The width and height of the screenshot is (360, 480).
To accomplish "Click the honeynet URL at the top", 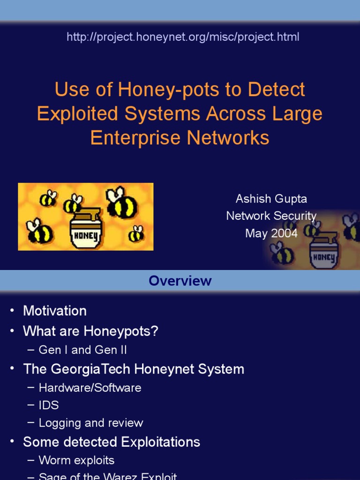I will [x=183, y=37].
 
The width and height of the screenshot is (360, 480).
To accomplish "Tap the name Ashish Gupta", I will [x=271, y=199].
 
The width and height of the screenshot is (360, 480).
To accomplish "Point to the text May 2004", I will [x=271, y=233].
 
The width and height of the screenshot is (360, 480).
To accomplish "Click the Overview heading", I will [x=180, y=281].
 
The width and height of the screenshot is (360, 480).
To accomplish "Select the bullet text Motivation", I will [x=55, y=311].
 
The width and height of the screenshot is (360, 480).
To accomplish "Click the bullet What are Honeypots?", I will [x=90, y=331].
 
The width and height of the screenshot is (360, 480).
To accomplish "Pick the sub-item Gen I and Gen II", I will [x=82, y=350].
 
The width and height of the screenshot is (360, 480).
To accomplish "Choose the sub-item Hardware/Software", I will [x=90, y=388].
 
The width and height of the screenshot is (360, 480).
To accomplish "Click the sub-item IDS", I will [x=49, y=405].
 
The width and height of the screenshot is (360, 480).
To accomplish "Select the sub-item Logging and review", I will [x=91, y=423].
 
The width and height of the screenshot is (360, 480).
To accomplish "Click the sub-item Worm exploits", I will [x=76, y=460].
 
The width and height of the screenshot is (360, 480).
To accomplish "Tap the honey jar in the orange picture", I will [x=85, y=228].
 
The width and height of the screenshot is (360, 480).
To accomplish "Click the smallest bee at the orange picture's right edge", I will [x=136, y=233].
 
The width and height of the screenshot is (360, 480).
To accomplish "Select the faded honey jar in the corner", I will [x=323, y=254].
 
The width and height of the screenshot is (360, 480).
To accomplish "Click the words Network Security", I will [x=271, y=216].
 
